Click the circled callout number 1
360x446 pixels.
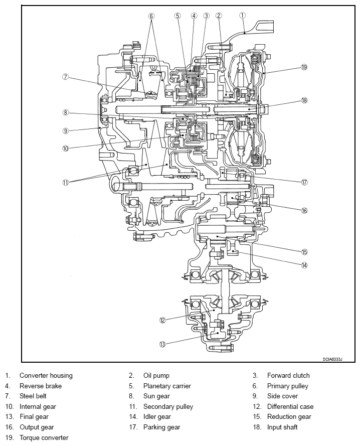[242, 16]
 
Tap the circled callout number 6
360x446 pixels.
[151, 16]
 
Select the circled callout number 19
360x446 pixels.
[304, 67]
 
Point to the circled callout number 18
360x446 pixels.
[304, 100]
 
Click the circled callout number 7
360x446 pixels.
[66, 77]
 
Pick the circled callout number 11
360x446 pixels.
[66, 182]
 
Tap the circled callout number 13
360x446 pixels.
[162, 344]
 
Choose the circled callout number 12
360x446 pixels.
[162, 320]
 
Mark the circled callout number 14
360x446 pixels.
[304, 265]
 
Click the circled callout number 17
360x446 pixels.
[304, 182]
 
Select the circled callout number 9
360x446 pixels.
[66, 131]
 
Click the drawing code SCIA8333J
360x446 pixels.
[332, 359]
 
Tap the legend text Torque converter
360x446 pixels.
[44, 437]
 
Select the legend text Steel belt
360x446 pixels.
[33, 396]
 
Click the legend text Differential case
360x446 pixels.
[290, 406]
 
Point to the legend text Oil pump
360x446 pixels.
[156, 376]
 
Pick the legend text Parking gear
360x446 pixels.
[161, 427]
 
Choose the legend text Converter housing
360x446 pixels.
[46, 376]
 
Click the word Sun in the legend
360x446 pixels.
[148, 396]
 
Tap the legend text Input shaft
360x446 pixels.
[282, 427]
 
